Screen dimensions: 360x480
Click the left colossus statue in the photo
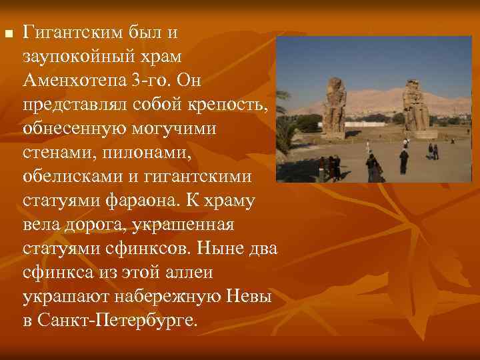point(333,105)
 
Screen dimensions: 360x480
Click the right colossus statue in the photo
point(415,105)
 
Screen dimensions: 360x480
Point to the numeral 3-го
point(155,81)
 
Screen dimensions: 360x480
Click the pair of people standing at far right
point(433,151)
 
